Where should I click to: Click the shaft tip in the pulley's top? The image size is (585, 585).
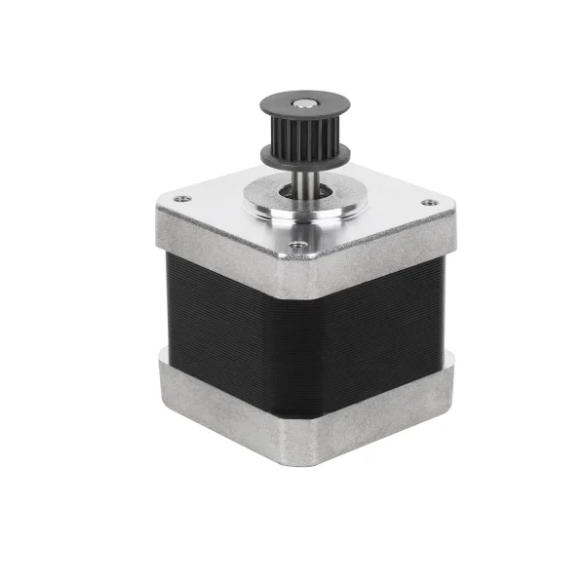(306, 102)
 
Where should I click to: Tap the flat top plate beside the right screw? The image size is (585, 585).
(400, 210)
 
